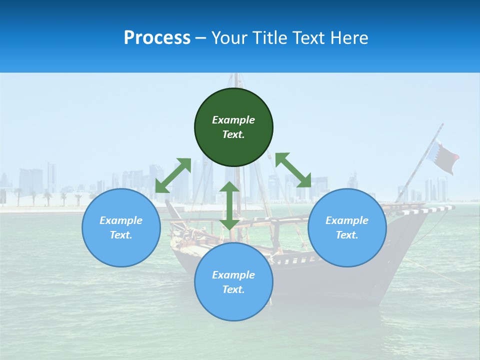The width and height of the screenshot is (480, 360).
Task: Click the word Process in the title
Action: (157, 38)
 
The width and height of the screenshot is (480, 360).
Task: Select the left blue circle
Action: (121, 250)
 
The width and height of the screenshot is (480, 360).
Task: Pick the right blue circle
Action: (347, 250)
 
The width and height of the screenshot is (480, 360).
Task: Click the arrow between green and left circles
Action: (173, 175)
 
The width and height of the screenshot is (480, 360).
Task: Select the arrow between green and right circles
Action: (293, 170)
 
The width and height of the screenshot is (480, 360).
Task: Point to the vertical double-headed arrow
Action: (229, 205)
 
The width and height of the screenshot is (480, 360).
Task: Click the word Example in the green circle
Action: (233, 120)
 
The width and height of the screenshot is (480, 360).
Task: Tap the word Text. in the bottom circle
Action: (233, 289)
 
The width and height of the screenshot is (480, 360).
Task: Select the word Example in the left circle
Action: (121, 220)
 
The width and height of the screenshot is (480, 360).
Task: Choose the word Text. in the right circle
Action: (347, 235)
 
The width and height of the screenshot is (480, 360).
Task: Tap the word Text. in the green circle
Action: (233, 134)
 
